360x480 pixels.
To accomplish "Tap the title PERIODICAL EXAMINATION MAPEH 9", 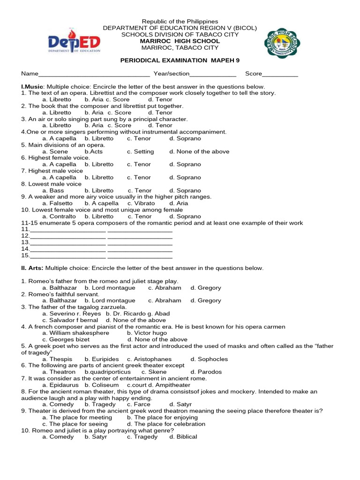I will tap(180, 60).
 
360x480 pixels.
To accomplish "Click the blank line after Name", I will tap(94, 75).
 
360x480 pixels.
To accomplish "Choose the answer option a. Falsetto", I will tap(57, 203).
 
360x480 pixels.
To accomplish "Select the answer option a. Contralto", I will tap(59, 217).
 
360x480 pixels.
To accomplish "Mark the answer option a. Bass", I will tap(53, 191).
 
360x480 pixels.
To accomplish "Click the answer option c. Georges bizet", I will tap(66, 339).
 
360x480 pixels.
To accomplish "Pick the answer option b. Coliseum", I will tap(102, 385).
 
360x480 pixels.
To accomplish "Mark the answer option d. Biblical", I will tap(183, 437).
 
